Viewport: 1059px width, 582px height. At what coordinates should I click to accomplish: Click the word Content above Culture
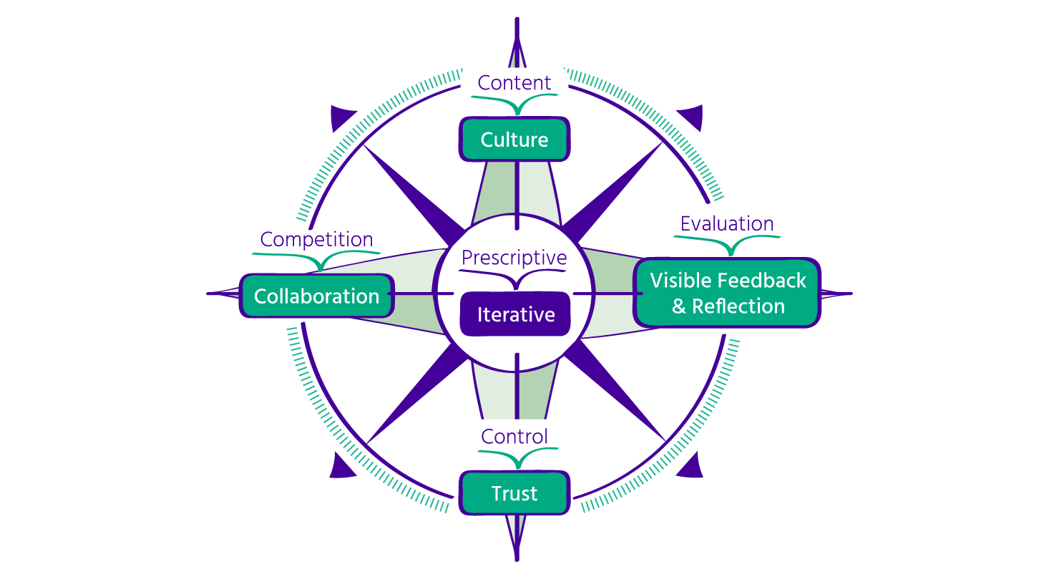point(514,83)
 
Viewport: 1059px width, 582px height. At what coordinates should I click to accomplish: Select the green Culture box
point(514,140)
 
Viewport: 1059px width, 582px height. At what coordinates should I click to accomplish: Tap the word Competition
point(316,239)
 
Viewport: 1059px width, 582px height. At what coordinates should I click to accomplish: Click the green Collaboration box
point(317,296)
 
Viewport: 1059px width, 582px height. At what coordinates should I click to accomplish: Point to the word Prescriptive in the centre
point(514,258)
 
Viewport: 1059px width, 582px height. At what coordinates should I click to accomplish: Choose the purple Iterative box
point(515,314)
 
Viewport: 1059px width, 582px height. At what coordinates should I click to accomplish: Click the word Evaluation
point(727,223)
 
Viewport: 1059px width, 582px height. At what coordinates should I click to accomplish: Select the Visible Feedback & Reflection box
point(727,293)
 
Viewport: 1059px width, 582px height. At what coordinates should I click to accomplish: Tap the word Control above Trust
point(514,437)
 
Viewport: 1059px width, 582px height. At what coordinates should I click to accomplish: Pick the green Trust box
point(514,493)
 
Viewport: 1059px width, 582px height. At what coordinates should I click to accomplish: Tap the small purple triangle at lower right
point(690,466)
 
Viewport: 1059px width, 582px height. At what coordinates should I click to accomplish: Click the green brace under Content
point(515,105)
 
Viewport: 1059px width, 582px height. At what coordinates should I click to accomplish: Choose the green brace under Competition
point(317,259)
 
